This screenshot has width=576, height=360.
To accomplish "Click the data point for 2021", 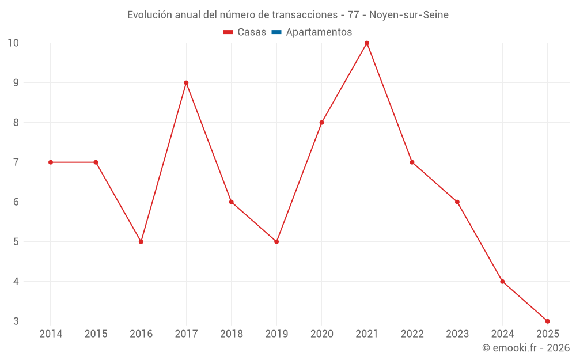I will (x=367, y=43).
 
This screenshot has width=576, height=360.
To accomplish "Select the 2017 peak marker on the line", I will (x=186, y=83).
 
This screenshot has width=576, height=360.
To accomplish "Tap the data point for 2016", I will (x=141, y=242).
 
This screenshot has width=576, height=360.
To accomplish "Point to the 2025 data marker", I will (x=547, y=321).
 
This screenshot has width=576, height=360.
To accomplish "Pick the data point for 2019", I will (x=276, y=242).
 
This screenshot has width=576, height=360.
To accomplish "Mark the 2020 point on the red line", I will (x=321, y=123).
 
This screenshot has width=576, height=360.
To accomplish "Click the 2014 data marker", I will (x=51, y=162).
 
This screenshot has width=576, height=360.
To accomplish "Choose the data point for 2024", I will (x=502, y=282).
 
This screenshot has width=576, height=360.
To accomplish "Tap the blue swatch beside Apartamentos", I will (x=276, y=32).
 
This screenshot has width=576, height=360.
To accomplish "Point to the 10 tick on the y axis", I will (x=13, y=43).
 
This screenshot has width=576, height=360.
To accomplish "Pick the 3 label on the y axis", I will (x=16, y=321).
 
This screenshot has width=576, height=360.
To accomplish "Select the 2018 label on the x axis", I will (x=232, y=334).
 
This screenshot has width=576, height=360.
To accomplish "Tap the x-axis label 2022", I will (x=412, y=334).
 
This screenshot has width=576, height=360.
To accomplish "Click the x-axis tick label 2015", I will (x=96, y=334).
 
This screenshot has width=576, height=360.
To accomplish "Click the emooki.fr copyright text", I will (x=526, y=348).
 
